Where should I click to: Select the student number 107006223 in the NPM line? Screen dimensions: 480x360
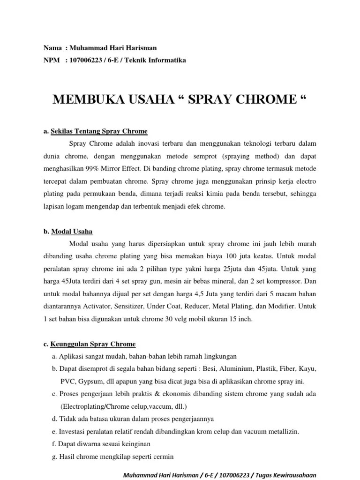pos(86,60)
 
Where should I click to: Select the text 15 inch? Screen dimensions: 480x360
pos(241,319)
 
